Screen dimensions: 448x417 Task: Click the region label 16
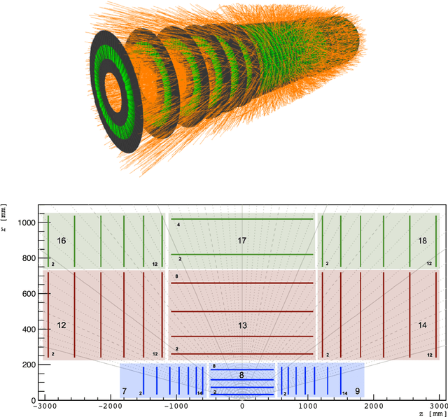pyautogui.click(x=62, y=241)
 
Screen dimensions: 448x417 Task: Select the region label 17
pyautogui.click(x=242, y=241)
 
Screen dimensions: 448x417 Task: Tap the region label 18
pyautogui.click(x=422, y=241)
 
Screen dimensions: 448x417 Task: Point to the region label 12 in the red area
pyautogui.click(x=62, y=326)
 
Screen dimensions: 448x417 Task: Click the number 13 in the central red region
pyautogui.click(x=242, y=326)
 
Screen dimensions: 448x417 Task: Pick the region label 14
pyautogui.click(x=422, y=326)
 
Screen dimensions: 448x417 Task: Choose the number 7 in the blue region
pyautogui.click(x=124, y=391)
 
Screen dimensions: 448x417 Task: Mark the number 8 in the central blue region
pyautogui.click(x=241, y=376)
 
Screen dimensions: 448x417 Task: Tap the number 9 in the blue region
pyautogui.click(x=357, y=391)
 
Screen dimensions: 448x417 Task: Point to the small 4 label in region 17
pyautogui.click(x=178, y=225)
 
